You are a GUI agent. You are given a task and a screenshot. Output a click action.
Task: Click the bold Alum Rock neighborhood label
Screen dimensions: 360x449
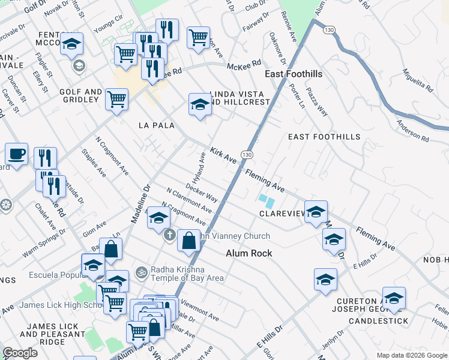pyautogui.click(x=249, y=253)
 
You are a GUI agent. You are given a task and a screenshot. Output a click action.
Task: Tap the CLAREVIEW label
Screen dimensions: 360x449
pyautogui.click(x=283, y=214)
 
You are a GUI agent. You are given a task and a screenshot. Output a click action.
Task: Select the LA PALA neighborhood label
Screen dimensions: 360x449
pyautogui.click(x=156, y=125)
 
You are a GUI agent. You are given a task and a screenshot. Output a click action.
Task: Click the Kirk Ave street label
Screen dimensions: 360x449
pyautogui.click(x=223, y=155)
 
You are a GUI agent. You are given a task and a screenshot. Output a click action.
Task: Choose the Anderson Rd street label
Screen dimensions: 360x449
pyautogui.click(x=412, y=131)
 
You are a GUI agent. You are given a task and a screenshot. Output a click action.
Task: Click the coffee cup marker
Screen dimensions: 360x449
pyautogui.click(x=16, y=154)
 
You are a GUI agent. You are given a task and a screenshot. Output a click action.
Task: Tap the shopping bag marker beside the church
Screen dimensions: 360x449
pyautogui.click(x=188, y=240)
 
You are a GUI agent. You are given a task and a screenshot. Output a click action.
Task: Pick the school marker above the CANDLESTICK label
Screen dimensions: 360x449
pyautogui.click(x=394, y=298)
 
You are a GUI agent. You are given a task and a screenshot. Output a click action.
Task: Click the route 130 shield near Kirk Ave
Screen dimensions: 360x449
pyautogui.click(x=247, y=154)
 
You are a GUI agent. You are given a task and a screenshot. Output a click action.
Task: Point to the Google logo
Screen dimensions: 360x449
pyautogui.click(x=20, y=352)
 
